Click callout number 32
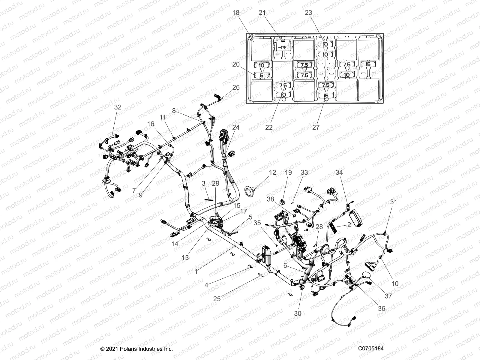118,107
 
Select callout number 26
236,87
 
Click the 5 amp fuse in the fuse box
261,75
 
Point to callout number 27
316,127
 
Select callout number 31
393,202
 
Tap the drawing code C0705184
370,349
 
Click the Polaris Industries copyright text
136,349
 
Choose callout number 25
217,299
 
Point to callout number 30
298,313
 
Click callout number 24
236,127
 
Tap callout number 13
185,257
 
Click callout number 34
339,172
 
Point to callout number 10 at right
395,283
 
